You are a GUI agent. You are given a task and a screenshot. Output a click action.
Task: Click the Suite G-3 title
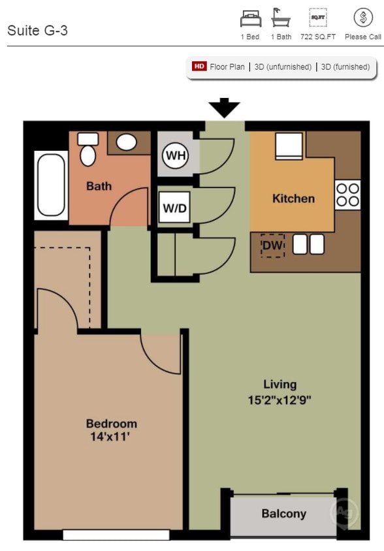pyautogui.click(x=37, y=31)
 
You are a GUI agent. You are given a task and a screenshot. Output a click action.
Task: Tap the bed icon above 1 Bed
pyautogui.click(x=250, y=18)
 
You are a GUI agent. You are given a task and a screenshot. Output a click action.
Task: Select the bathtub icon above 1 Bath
pyautogui.click(x=281, y=17)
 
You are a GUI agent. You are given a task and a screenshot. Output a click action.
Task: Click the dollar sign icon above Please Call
pyautogui.click(x=363, y=18)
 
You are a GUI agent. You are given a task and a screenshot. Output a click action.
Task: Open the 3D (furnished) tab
pyautogui.click(x=345, y=67)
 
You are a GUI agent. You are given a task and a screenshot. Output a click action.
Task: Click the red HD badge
pyautogui.click(x=199, y=67)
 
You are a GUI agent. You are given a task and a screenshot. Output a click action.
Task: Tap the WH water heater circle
pyautogui.click(x=174, y=155)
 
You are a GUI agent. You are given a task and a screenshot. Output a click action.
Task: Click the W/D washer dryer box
pyautogui.click(x=174, y=210)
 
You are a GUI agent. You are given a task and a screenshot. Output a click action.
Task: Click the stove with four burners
pyautogui.click(x=347, y=195)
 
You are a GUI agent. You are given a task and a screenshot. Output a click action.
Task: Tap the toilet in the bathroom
pyautogui.click(x=88, y=150)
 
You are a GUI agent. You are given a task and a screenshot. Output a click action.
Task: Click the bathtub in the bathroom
pyautogui.click(x=51, y=185)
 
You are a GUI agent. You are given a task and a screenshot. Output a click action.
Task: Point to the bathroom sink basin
pyautogui.click(x=126, y=142)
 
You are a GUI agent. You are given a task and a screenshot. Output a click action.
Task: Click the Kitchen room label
pyautogui.click(x=293, y=198)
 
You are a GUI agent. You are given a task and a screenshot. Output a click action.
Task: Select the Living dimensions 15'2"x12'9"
pyautogui.click(x=280, y=400)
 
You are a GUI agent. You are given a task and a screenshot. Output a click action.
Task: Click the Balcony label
pyautogui.click(x=284, y=514)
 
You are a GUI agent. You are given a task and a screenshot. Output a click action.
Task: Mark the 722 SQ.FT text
pyautogui.click(x=318, y=37)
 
